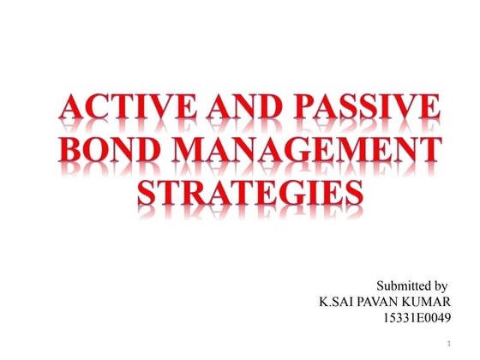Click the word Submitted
[x=402, y=285]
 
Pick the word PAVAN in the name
[x=382, y=303]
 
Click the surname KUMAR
[x=428, y=303]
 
